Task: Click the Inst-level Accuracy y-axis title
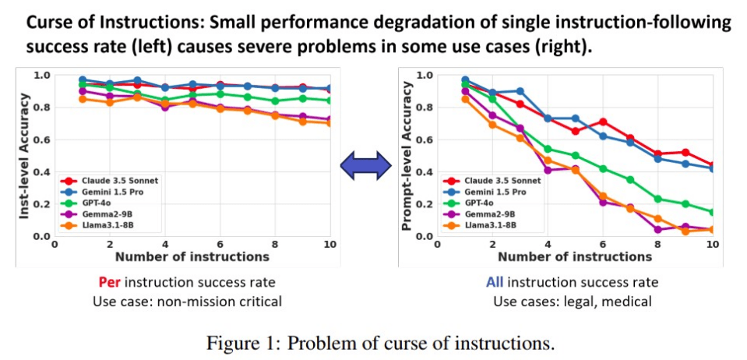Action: (x=25, y=156)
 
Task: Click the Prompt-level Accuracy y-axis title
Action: (x=406, y=156)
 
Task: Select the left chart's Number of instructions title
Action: (x=192, y=256)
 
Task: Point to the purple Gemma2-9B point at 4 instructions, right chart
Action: (x=548, y=170)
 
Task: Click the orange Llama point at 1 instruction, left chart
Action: (x=83, y=99)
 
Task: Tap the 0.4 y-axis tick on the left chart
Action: (x=44, y=171)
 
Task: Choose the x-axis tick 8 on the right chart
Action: (x=658, y=245)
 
